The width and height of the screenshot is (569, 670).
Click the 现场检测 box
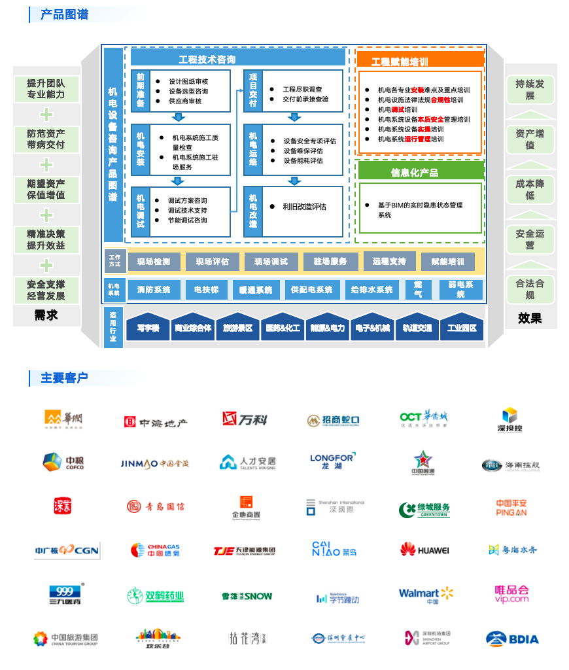point(153,262)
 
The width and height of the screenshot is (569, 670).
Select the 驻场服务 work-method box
point(330,262)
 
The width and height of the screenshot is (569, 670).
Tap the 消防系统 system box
point(153,290)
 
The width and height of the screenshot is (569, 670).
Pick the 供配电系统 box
point(311,290)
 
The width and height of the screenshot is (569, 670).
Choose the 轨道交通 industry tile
point(417,328)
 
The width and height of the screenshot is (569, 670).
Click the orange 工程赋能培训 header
point(400,62)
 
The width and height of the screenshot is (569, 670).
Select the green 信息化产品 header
point(415,173)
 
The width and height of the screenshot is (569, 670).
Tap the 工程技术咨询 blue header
point(207,60)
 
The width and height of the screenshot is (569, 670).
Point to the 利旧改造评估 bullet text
point(304,207)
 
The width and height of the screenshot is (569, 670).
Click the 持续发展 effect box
point(530,90)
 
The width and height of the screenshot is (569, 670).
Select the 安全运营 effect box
point(530,239)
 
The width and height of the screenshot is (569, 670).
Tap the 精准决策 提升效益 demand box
point(46,239)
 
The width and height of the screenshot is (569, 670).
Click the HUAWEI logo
point(424,550)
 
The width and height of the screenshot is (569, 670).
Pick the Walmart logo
point(426,595)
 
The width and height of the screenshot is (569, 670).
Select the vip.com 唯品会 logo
point(511,594)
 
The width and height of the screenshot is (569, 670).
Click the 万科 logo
point(245,419)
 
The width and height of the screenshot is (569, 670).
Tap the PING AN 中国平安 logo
point(511,508)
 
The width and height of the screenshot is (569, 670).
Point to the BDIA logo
point(512,639)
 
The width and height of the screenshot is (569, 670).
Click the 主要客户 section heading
point(64,378)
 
